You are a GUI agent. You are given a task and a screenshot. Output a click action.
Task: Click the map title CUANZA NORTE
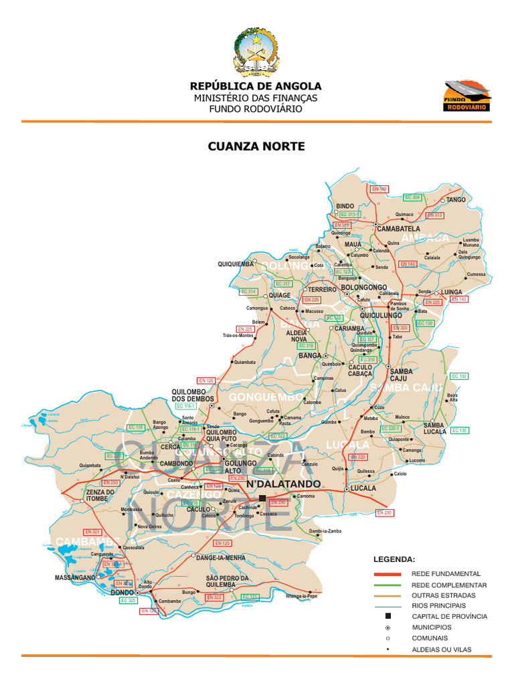pos(256,146)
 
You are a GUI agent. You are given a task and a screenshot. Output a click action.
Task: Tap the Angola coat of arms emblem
pos(256,52)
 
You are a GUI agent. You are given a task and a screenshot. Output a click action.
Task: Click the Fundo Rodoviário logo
pos(466,96)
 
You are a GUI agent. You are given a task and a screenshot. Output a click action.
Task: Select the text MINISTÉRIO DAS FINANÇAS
pos(256,98)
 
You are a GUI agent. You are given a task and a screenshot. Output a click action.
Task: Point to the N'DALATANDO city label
pos(284,484)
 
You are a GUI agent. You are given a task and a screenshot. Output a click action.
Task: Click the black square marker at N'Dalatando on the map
pos(262,498)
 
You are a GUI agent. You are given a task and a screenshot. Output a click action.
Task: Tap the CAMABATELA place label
pos(399,229)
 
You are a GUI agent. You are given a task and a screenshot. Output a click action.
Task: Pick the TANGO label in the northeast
pos(456,200)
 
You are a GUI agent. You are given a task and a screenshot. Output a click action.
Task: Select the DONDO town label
pos(122,593)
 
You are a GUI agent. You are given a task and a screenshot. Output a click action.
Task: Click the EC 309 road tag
pos(412,197)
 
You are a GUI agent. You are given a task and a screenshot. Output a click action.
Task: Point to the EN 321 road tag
pos(92,532)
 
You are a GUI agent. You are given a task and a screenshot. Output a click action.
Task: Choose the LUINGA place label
pos(452,292)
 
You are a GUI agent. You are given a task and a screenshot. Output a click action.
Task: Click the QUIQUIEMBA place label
pos(236,264)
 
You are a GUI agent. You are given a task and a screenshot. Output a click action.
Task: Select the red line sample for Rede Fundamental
pos(387,574)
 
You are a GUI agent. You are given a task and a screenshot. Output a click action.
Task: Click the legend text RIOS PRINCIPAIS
pos(439,605)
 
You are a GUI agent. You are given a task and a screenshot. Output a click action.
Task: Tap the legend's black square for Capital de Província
pos(388,616)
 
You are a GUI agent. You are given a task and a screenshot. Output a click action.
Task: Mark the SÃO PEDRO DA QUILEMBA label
pos(227,581)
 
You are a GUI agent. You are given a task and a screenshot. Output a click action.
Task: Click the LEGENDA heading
pos(394,559)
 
